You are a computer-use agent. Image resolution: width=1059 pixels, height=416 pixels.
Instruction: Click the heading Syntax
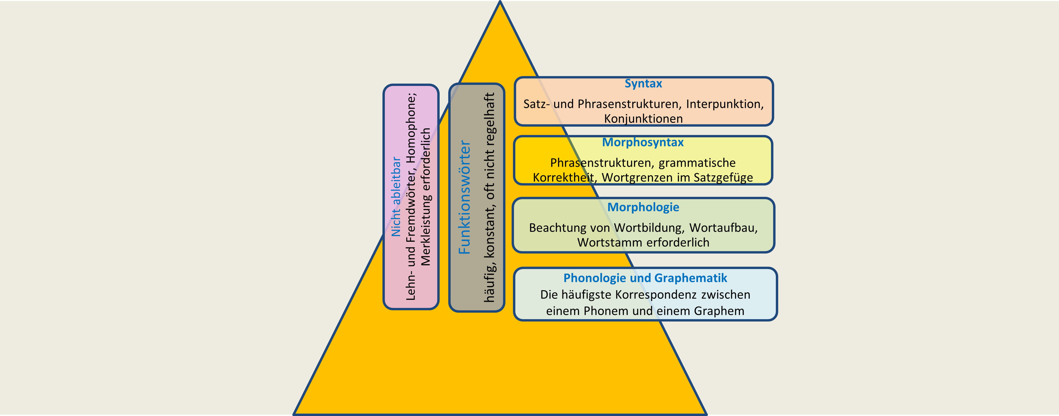643,84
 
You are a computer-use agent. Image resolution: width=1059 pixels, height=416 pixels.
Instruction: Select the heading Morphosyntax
643,142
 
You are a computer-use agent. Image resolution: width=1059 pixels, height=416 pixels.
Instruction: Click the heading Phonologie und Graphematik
645,278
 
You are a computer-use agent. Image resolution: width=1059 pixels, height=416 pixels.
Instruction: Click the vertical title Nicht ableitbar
396,197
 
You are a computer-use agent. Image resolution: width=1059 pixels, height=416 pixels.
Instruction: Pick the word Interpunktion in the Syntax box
725,104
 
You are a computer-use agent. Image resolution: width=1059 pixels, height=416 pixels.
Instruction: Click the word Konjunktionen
643,119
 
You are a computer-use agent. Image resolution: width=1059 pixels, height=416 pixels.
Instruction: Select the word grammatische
697,163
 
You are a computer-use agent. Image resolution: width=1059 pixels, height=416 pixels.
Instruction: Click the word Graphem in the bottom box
719,311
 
